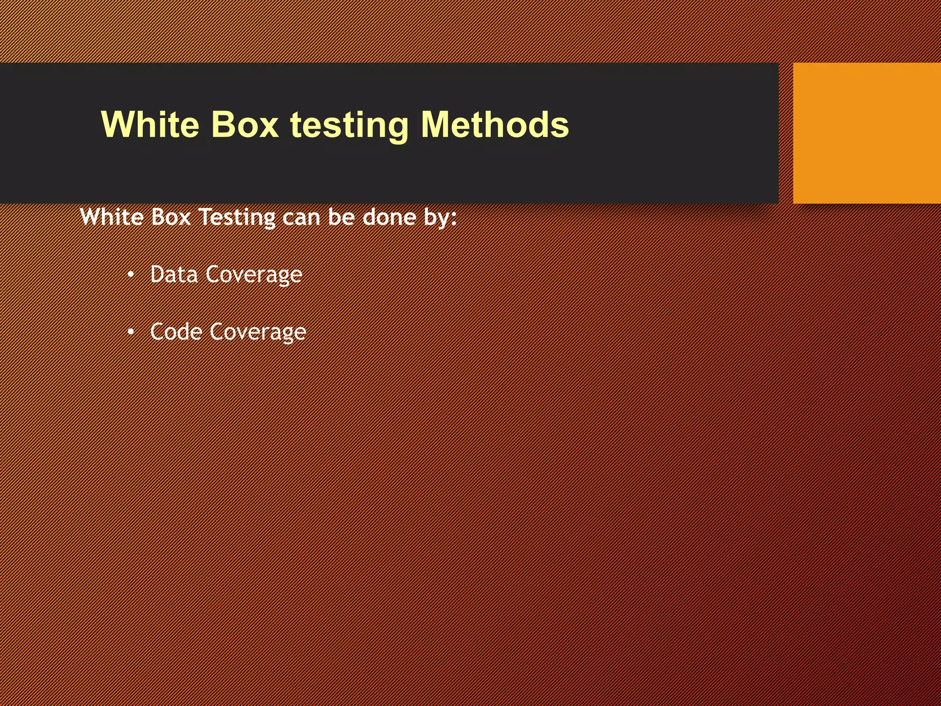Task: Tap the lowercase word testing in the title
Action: coord(349,125)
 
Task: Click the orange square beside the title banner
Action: coord(867,133)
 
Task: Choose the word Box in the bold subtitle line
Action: coord(170,216)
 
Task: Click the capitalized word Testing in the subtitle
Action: coord(237,217)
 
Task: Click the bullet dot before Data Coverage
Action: coord(131,275)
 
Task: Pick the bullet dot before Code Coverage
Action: coord(131,332)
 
